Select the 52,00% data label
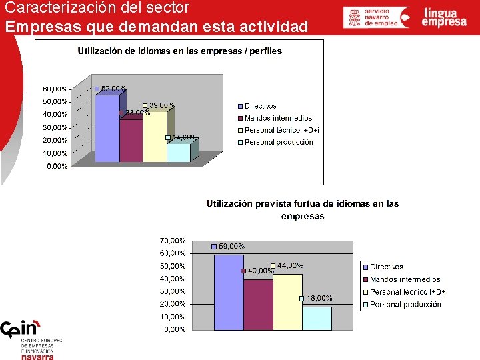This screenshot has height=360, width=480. (113, 89)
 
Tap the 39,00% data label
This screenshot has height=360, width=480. (162, 105)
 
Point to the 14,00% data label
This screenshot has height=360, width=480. (185, 137)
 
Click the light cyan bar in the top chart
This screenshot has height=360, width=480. (178, 153)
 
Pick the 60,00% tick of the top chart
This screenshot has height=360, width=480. (55, 89)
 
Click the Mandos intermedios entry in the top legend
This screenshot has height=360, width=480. (278, 118)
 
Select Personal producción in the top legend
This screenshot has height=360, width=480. (279, 142)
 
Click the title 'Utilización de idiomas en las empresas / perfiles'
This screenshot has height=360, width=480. (180, 51)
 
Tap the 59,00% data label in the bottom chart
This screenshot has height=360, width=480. (231, 246)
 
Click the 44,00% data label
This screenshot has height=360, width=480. (290, 265)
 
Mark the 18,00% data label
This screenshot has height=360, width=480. (319, 298)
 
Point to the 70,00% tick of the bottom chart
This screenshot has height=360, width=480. (172, 240)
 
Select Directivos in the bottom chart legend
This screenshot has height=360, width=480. (387, 267)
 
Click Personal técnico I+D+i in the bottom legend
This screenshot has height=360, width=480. (409, 292)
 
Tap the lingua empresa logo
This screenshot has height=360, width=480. (444, 17)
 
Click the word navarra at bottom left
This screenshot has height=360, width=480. (37, 356)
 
